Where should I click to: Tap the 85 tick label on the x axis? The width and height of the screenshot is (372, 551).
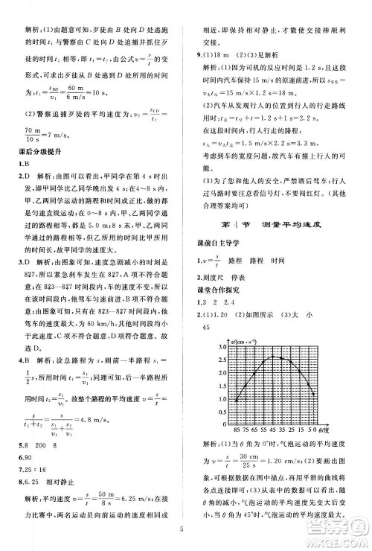coord(237,430)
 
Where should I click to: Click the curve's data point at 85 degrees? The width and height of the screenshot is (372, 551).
coord(237,401)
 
